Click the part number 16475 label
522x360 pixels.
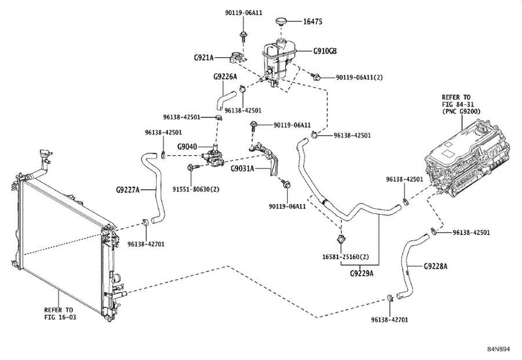313,22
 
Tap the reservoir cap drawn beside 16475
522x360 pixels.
281,22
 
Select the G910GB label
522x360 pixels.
325,52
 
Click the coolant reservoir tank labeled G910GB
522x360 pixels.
277,61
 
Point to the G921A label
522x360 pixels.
204,57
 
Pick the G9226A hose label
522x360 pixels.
225,77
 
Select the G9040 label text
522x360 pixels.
187,147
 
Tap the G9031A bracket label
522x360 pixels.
242,169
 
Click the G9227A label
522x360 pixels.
128,190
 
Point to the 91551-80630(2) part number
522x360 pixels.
196,189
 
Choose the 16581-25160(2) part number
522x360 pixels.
346,257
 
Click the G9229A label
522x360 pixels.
362,273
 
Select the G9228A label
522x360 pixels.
436,266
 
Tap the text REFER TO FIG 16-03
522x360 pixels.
60,314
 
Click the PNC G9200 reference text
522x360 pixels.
461,112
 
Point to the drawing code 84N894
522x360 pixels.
499,349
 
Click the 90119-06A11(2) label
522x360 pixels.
360,77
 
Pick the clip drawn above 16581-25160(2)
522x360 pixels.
341,239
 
